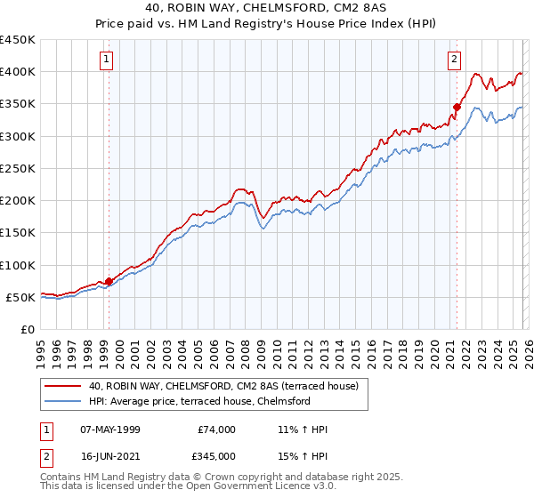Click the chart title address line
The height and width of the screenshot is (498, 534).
[267, 8]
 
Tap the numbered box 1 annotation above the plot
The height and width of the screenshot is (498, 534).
[106, 60]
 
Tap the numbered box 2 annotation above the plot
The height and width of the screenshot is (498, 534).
[454, 60]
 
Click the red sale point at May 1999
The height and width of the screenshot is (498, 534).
[109, 281]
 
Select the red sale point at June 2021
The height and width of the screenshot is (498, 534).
[457, 107]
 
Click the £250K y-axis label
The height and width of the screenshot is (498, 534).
[18, 168]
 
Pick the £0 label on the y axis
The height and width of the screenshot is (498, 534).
[27, 329]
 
